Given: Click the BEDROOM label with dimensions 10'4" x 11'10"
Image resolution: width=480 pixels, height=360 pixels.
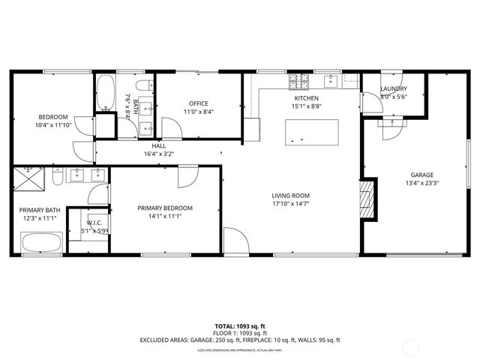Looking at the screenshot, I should (x=53, y=117).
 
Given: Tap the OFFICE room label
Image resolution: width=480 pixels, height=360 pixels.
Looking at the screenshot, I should (x=198, y=103).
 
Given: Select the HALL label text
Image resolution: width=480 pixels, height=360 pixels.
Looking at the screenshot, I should (x=158, y=145).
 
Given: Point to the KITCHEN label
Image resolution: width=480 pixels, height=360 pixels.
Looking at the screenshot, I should (x=306, y=98).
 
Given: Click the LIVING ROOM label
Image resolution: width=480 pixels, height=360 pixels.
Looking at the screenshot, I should (x=290, y=196).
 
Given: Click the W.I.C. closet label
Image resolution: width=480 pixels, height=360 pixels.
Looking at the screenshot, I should (x=94, y=222).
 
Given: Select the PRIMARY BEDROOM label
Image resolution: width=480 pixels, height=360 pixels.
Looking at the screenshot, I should (x=165, y=208).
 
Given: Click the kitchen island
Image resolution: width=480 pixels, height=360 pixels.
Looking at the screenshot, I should (x=309, y=132).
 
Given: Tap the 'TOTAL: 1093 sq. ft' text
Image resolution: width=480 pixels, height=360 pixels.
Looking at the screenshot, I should (x=239, y=326).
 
